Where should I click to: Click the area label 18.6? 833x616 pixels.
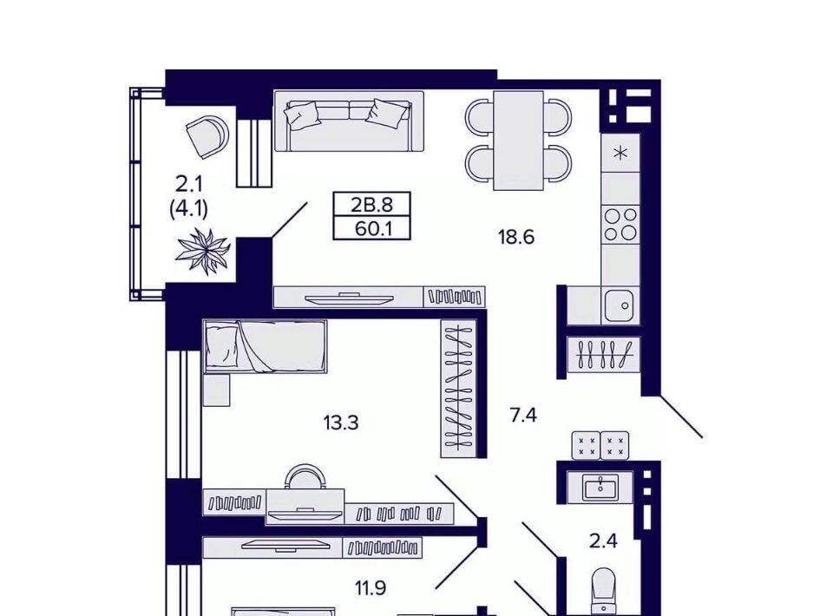(x=515, y=236)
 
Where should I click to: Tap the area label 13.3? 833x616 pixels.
(x=340, y=423)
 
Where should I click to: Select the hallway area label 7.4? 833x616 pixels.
(x=523, y=415)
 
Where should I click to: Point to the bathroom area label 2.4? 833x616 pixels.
(x=604, y=541)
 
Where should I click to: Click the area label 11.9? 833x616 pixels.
(x=371, y=588)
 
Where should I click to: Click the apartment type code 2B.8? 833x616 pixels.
(x=372, y=205)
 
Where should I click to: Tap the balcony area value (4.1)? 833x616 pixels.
(x=188, y=208)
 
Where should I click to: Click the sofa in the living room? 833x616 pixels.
(x=349, y=121)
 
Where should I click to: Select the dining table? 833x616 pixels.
(x=519, y=141)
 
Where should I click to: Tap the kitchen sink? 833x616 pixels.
(x=620, y=305)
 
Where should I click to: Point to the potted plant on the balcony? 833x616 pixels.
(x=203, y=250)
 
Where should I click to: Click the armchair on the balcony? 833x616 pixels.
(x=207, y=136)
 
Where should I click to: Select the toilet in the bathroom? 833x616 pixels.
(x=603, y=592)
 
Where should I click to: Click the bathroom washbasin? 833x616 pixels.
(x=600, y=487)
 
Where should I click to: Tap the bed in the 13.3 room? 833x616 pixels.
(x=266, y=344)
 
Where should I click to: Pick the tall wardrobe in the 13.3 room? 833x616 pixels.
(x=458, y=388)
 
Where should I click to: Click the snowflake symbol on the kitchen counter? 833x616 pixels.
(x=620, y=154)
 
